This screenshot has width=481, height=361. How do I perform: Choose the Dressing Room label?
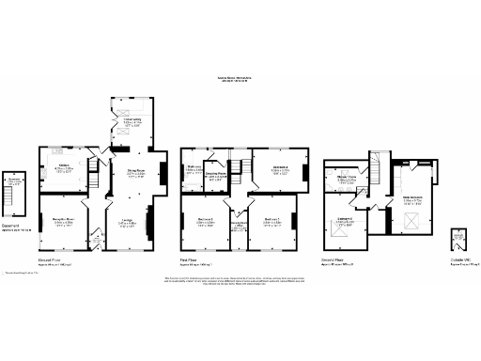(x=218, y=175)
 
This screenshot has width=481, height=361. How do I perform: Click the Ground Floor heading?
(x=51, y=257)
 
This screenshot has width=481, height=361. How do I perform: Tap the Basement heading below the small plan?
(x=10, y=225)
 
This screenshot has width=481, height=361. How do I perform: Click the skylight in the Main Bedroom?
(x=410, y=221)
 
